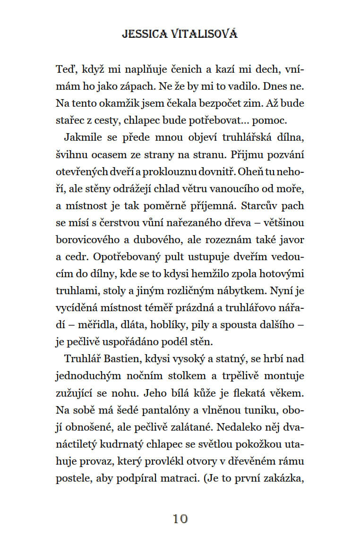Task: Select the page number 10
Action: (x=180, y=518)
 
